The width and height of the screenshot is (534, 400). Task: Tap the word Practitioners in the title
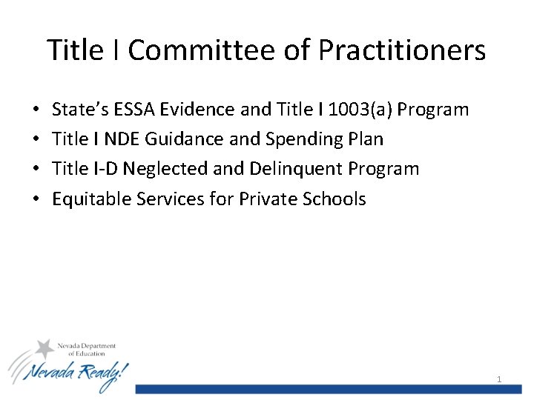coord(403,50)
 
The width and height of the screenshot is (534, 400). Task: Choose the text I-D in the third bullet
coord(105,169)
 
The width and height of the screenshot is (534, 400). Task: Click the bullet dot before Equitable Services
coord(37,199)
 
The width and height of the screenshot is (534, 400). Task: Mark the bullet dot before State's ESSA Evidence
coord(37,110)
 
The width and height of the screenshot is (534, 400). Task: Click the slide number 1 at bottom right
coord(499,379)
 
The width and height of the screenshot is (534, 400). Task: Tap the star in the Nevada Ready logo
coord(46,348)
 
